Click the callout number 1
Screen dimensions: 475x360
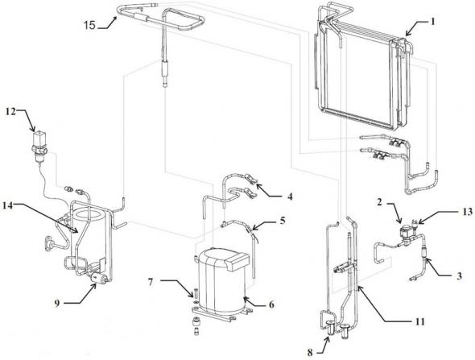pos(433,21)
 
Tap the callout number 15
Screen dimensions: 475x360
pos(89,25)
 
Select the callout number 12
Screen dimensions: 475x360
pos(10,112)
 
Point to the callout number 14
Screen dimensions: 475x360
pos(9,206)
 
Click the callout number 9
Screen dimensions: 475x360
pos(57,303)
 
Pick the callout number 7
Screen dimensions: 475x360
pos(151,283)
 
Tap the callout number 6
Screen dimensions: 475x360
pos(271,304)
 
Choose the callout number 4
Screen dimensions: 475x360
pos(290,197)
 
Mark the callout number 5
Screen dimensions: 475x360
pos(283,221)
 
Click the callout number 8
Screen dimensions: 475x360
pos(310,353)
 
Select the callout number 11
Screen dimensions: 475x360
pos(419,321)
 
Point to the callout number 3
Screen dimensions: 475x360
pos(459,276)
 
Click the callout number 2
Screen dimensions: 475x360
pos(380,202)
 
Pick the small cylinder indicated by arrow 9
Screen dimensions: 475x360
pos(99,278)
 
